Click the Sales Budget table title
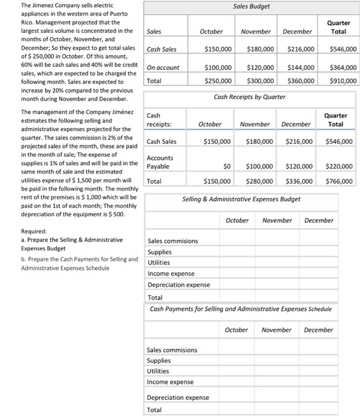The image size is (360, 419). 252,7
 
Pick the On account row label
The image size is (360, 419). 163,68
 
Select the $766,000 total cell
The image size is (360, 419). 339,181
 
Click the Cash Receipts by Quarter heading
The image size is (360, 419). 249,96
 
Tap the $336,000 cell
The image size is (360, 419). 298,181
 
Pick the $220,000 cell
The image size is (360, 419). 339,166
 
